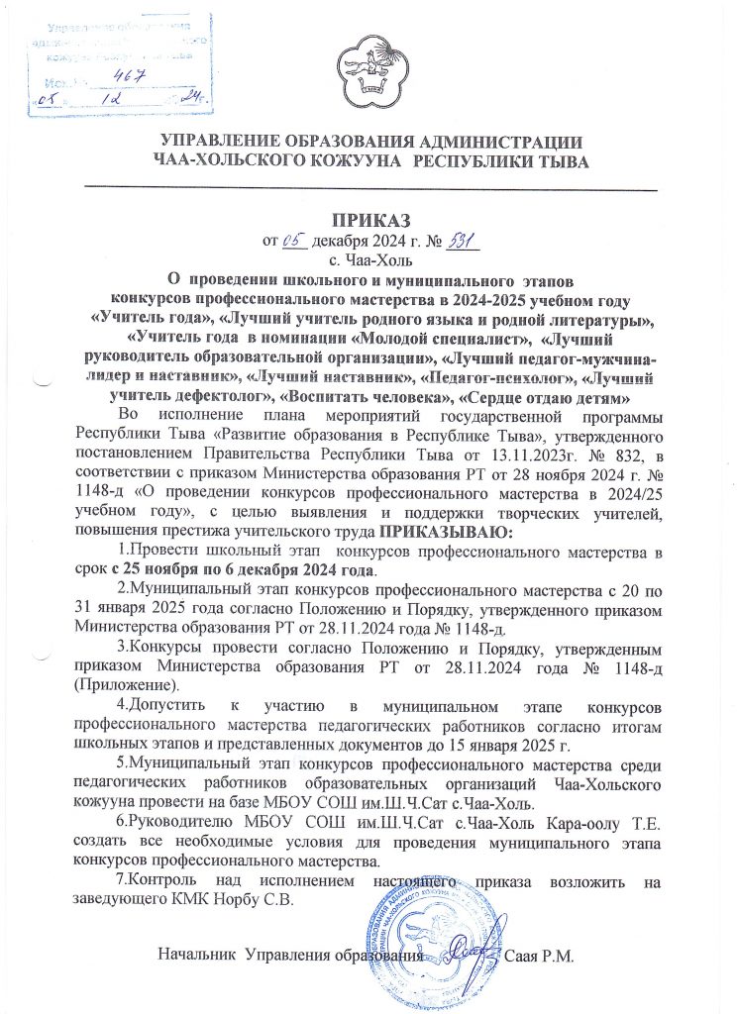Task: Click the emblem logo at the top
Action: click(369, 68)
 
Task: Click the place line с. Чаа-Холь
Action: click(368, 257)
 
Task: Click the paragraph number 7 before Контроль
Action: click(119, 881)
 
